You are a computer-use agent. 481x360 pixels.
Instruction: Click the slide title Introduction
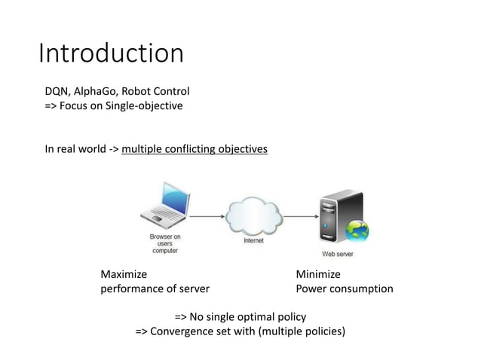point(111,53)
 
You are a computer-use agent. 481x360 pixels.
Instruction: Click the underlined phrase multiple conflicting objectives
point(194,149)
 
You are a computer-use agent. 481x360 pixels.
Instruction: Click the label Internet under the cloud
point(253,241)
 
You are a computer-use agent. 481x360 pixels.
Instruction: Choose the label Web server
point(338,255)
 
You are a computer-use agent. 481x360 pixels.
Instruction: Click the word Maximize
point(124,274)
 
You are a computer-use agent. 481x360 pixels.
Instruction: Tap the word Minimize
point(318,274)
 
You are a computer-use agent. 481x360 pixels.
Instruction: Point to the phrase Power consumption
point(345,288)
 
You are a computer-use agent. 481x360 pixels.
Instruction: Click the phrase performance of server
point(155,288)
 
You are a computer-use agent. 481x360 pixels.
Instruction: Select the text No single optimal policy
point(249,316)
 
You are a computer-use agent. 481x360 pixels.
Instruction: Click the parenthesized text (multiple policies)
point(302,331)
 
